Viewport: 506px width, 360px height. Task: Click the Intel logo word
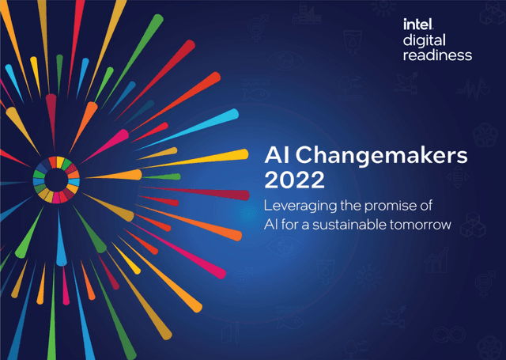tap(417, 25)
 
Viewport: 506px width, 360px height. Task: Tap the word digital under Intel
tap(425, 40)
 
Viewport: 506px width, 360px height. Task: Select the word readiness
tap(437, 55)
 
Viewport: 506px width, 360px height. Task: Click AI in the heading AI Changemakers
tap(274, 155)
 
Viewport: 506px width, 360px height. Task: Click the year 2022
tap(294, 180)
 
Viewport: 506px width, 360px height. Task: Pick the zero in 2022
tap(286, 180)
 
